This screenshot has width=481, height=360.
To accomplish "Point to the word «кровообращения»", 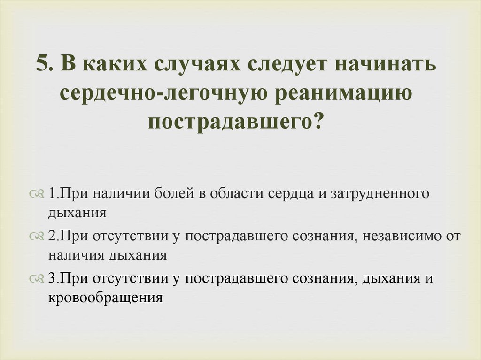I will pos(105,297).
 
